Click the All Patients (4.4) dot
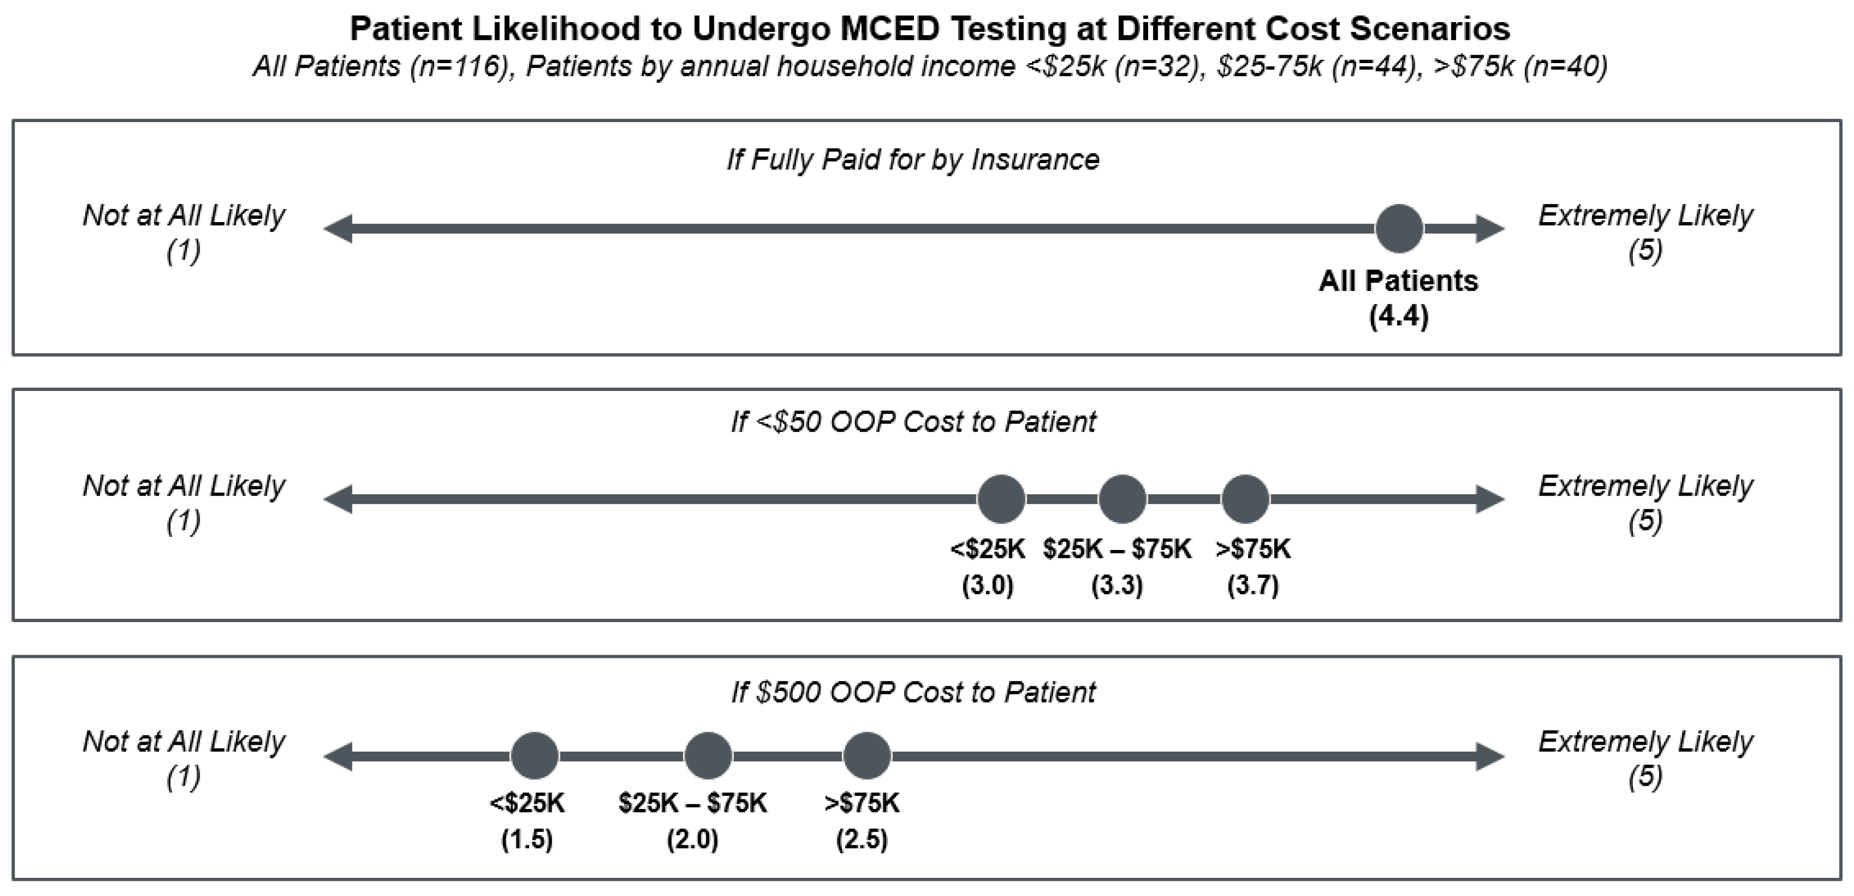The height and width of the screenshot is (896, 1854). click(x=1398, y=229)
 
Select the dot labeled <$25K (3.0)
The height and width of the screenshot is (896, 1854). click(x=1001, y=499)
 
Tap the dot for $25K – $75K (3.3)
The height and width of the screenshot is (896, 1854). click(x=1122, y=499)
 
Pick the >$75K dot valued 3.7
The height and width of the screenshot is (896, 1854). click(x=1245, y=499)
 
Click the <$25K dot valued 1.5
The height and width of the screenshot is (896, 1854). click(x=534, y=756)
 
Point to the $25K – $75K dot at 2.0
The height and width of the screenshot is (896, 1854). click(x=708, y=756)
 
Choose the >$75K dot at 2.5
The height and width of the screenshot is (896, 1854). click(x=867, y=756)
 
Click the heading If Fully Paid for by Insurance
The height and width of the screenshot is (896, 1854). click(x=913, y=159)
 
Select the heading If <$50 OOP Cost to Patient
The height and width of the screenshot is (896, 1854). click(x=913, y=422)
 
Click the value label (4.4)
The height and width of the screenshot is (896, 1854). click(x=1398, y=316)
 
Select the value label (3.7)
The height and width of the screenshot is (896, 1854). click(x=1252, y=585)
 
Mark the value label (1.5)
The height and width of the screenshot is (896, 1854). click(x=527, y=839)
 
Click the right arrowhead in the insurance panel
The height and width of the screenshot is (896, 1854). click(x=1490, y=229)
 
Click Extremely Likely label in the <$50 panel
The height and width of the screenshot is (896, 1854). click(x=1645, y=486)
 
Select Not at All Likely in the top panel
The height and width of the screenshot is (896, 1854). click(x=184, y=216)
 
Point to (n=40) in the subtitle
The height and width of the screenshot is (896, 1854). click(x=1565, y=66)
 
